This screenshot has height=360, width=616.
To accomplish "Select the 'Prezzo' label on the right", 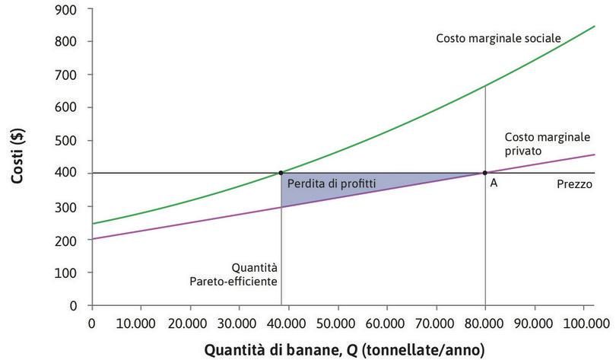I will click(574, 184).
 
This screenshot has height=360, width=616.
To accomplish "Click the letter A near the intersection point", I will click(494, 184).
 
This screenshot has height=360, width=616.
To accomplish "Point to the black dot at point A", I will click(485, 173).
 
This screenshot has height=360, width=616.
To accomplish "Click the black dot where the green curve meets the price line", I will click(281, 173).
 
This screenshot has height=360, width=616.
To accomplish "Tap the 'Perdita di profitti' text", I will click(331, 183).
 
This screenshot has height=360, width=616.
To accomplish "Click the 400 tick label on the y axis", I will click(68, 174).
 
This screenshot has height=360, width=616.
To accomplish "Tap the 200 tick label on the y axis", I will click(68, 240).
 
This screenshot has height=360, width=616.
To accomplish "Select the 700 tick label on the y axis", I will click(68, 75).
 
